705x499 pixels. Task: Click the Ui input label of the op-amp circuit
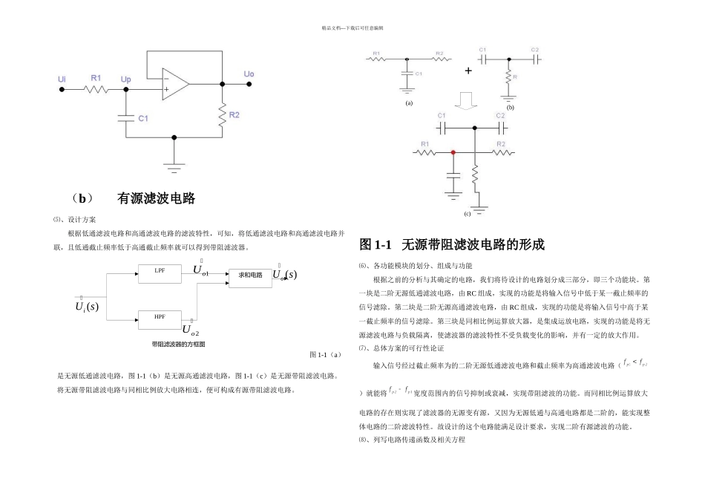[62, 78]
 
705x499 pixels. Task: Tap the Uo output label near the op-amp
[249, 74]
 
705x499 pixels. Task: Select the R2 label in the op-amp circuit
[235, 115]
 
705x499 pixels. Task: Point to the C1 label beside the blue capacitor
[143, 118]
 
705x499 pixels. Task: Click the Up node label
[125, 78]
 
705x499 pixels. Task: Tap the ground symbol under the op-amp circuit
[174, 167]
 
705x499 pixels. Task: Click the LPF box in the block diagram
[160, 273]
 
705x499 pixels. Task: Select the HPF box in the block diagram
[160, 318]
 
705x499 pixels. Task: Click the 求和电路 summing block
[250, 275]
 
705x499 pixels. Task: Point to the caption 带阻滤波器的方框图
[178, 344]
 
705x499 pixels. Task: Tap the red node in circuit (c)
[453, 152]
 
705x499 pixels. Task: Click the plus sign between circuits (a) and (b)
[468, 71]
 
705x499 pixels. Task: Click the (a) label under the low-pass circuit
[408, 103]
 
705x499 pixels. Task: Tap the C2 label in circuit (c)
[500, 117]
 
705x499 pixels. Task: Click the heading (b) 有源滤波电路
[134, 198]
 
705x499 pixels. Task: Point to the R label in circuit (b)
[515, 76]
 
